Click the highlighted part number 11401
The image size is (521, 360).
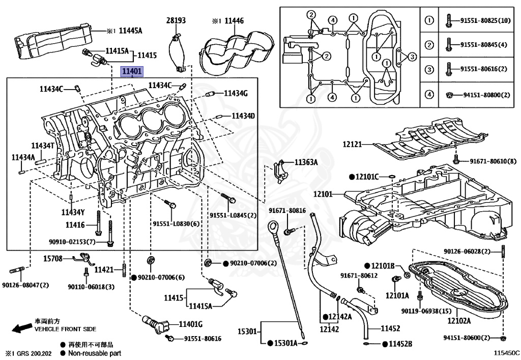131,72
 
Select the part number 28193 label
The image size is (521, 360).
176,21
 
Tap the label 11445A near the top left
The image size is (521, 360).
130,31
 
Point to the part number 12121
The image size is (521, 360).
352,145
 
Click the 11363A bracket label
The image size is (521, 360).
306,162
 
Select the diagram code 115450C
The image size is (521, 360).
506,352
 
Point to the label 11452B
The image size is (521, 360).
401,344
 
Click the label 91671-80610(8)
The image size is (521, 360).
493,161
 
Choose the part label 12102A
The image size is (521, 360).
459,321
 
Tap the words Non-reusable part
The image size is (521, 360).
94,353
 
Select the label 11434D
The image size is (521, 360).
243,116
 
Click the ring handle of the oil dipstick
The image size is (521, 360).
274,225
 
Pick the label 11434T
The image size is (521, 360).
42,146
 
